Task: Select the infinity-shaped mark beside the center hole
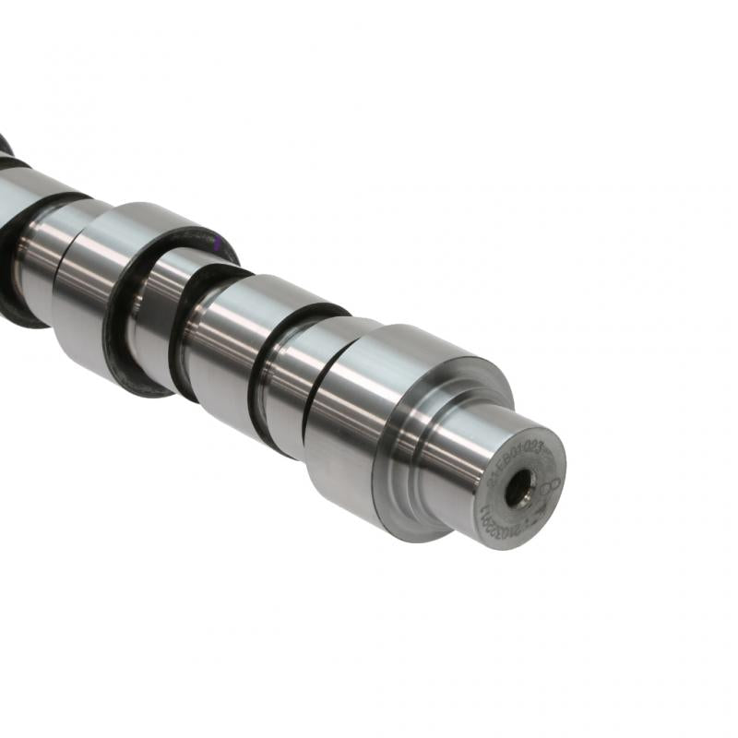pyautogui.click(x=551, y=486)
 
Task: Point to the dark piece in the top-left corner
pyautogui.click(x=6, y=148)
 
